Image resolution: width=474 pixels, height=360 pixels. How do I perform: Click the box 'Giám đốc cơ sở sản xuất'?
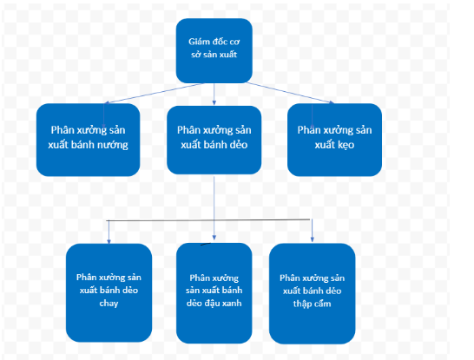pos(214,50)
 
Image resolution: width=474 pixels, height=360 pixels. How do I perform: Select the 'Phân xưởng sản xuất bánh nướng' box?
pos(88,140)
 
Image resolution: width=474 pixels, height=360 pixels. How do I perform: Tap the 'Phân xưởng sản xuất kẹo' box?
pos(334,140)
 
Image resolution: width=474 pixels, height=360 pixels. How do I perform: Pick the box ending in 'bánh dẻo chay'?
pos(109,292)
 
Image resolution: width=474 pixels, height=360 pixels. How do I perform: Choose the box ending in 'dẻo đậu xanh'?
pos(214,293)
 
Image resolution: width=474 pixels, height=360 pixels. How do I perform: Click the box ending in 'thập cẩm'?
pos(312,293)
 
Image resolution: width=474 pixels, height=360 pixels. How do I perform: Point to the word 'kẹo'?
pos(346,145)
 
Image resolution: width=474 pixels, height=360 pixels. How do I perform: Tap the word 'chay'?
pos(109,304)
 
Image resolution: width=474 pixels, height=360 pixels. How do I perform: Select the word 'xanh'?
pos(232,303)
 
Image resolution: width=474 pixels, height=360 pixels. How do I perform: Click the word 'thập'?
pos(301,304)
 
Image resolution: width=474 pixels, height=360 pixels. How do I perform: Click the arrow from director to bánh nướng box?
pos(155,94)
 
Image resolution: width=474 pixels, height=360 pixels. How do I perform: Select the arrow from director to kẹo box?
pos(290,93)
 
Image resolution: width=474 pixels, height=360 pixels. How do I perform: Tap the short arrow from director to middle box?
pos(214,95)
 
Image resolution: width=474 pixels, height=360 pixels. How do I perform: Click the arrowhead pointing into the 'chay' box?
pos(109,241)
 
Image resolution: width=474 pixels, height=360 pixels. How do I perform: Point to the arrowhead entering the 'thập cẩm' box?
pos(313,239)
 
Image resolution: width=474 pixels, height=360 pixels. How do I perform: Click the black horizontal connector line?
pos(208,220)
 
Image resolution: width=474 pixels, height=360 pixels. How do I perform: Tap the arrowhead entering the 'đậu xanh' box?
pos(214,238)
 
